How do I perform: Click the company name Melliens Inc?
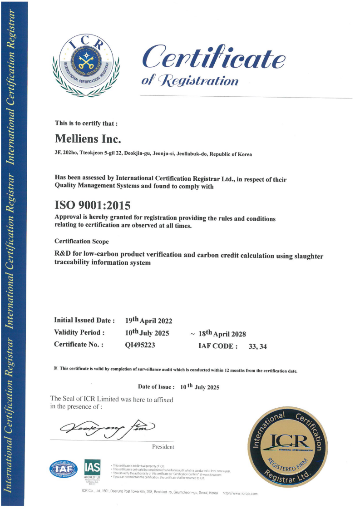pyautogui.click(x=88, y=138)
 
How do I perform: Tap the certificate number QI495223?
pyautogui.click(x=140, y=345)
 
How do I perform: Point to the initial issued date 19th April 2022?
pyautogui.click(x=148, y=320)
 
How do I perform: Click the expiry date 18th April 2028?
pyautogui.click(x=222, y=334)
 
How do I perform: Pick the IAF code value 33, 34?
pyautogui.click(x=257, y=346)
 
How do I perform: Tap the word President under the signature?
pyautogui.click(x=163, y=447)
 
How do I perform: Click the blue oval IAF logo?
pyautogui.click(x=63, y=469)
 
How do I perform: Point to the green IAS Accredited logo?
pyautogui.click(x=92, y=468)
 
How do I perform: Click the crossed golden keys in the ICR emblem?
pyautogui.click(x=85, y=61)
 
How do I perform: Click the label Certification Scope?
pyautogui.click(x=81, y=241)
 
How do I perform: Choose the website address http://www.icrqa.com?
pyautogui.click(x=240, y=493)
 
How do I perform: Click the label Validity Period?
pyautogui.click(x=79, y=332)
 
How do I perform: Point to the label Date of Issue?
pyautogui.click(x=156, y=387)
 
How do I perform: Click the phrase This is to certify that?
pyautogui.click(x=86, y=123)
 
